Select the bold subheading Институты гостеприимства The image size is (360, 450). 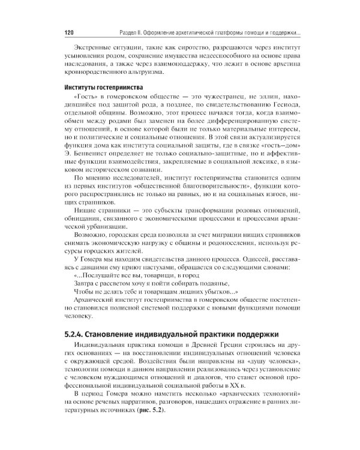(x=100, y=87)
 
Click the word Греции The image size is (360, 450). (x=227, y=347)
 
